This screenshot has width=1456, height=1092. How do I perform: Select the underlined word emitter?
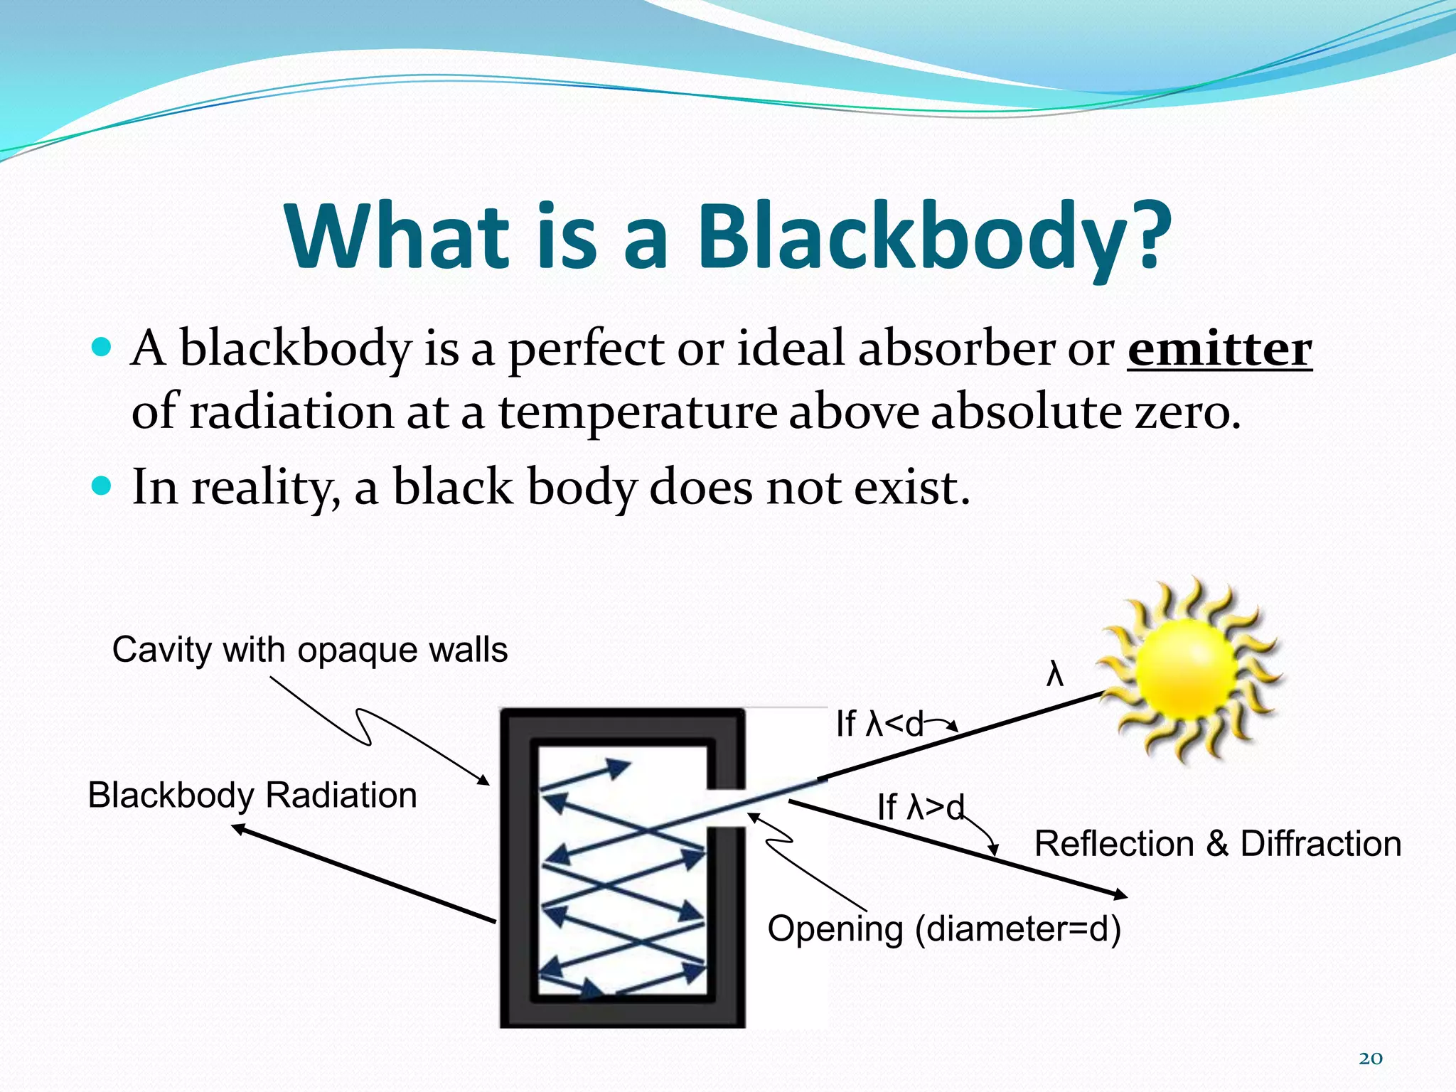[1219, 349]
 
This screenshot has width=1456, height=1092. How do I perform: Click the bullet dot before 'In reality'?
[102, 486]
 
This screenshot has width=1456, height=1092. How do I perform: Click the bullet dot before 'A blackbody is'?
[102, 348]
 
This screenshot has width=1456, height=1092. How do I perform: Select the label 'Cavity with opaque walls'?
[310, 650]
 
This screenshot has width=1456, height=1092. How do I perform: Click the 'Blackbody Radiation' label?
[252, 795]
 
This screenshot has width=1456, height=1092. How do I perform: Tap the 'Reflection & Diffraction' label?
[1217, 844]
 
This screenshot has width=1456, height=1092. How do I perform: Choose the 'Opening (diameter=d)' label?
[944, 928]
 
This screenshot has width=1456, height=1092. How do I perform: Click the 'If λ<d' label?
[879, 724]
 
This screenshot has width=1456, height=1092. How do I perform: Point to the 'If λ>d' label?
[920, 807]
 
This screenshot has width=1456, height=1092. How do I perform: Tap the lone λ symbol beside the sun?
[1055, 674]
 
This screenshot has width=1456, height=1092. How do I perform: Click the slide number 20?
[1370, 1059]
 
